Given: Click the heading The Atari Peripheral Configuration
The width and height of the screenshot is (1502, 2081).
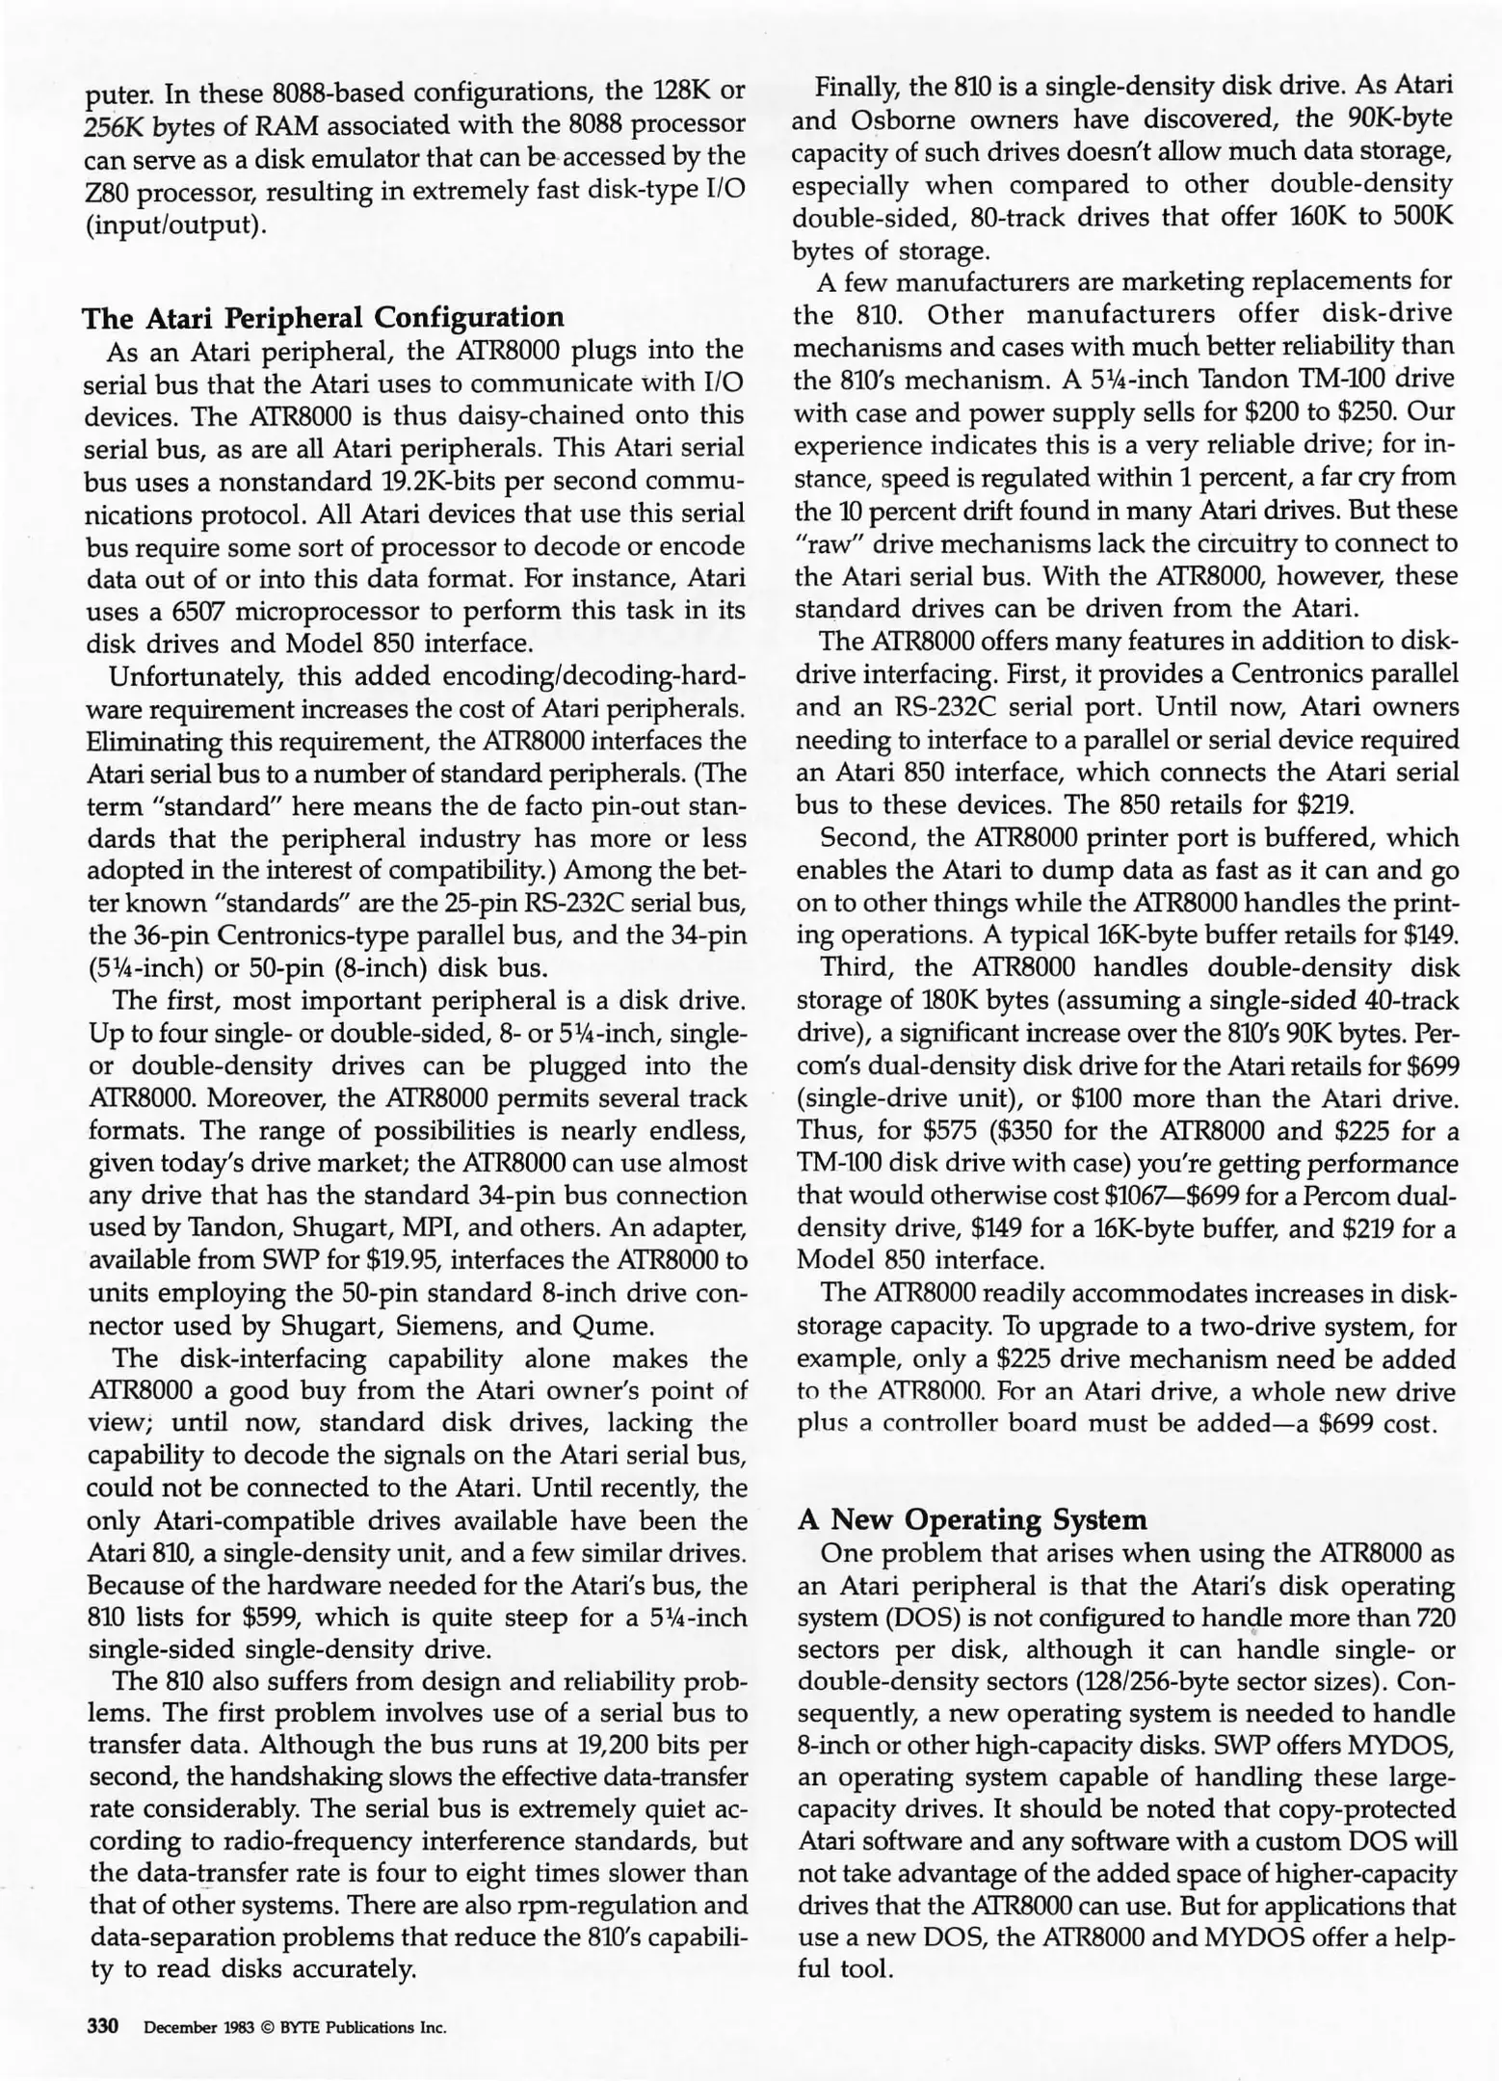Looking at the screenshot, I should (x=324, y=317).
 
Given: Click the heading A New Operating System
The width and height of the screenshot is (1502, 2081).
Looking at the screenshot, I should (x=973, y=1519).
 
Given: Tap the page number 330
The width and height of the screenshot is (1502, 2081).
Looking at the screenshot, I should (x=103, y=2026).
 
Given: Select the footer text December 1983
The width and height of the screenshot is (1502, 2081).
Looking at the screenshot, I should (x=198, y=2027).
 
